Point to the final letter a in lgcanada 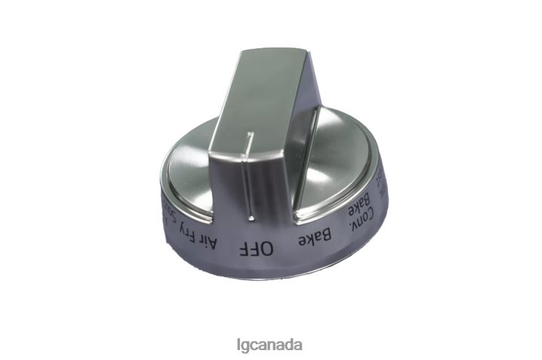click(x=299, y=346)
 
